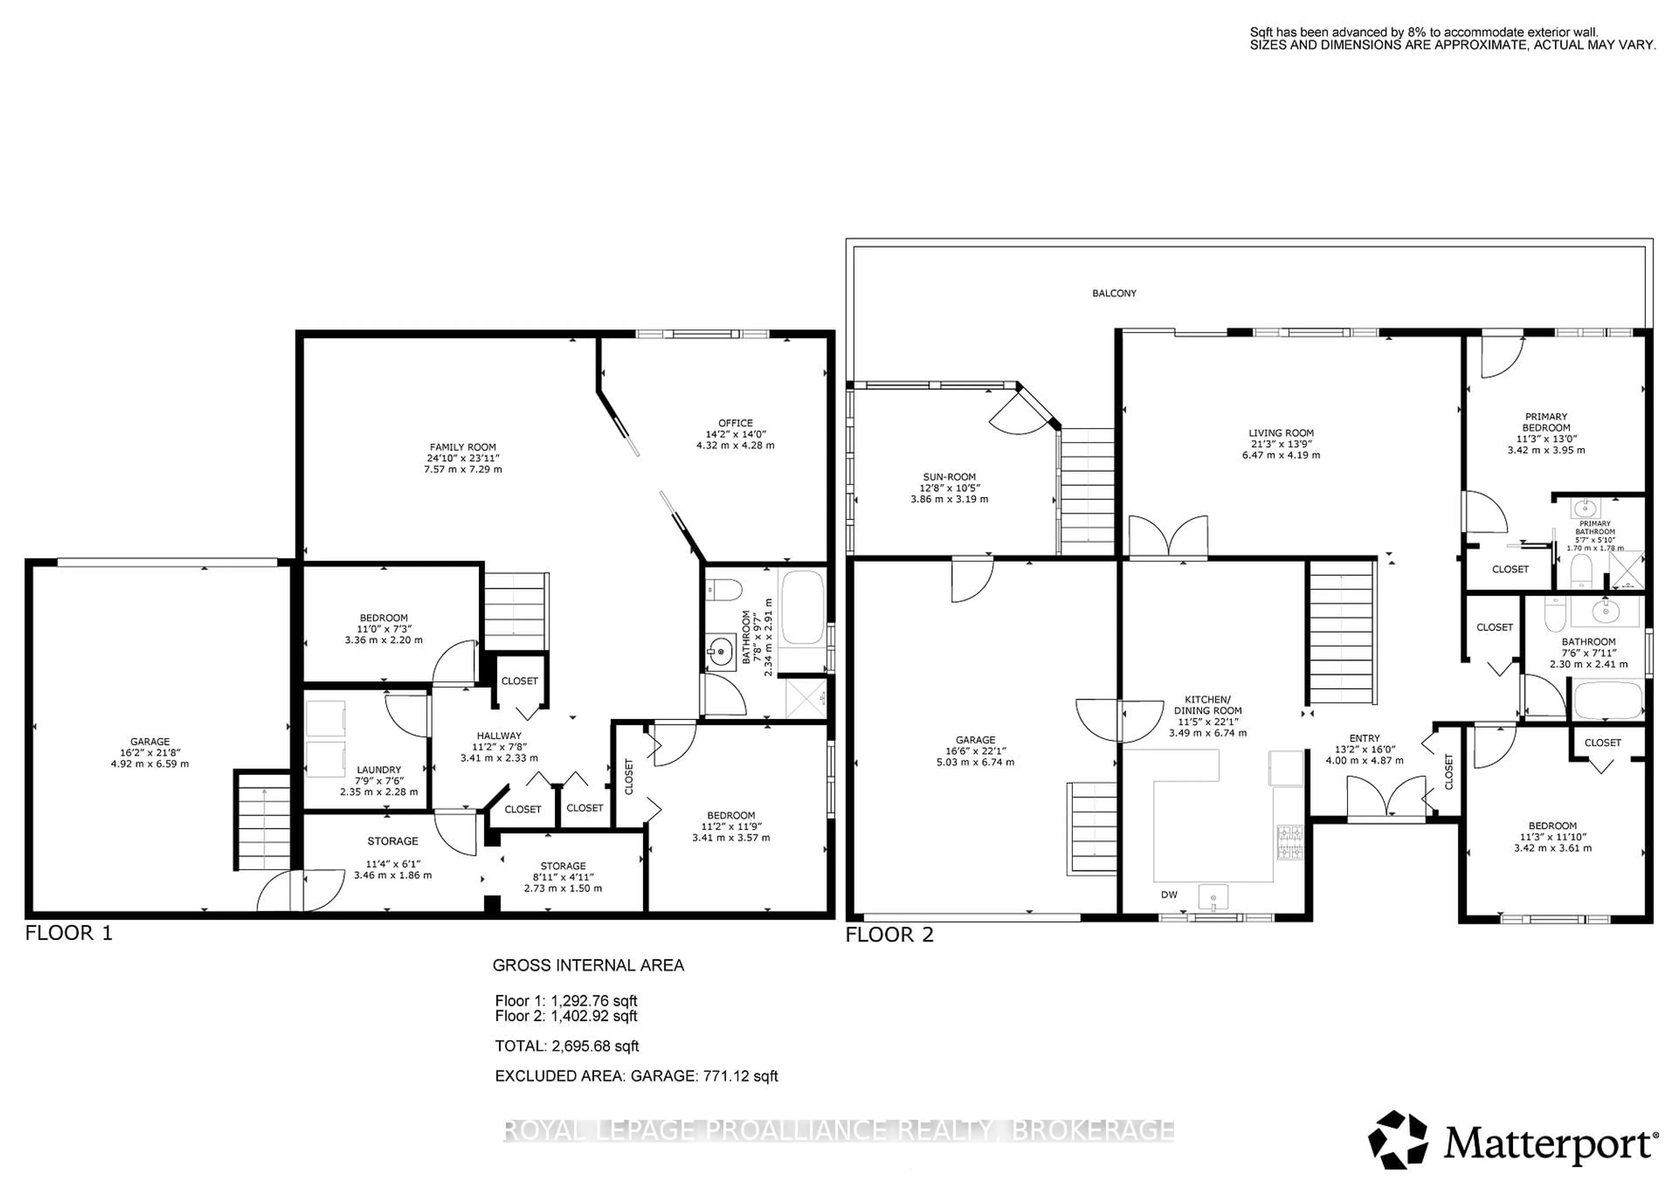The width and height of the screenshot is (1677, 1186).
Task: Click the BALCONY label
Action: click(1114, 293)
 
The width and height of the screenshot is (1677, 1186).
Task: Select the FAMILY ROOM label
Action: click(462, 448)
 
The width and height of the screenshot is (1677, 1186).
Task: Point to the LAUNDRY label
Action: click(378, 770)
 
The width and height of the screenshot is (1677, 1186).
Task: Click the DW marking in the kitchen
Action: click(1169, 895)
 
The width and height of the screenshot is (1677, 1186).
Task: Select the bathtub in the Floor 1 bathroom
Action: click(803, 607)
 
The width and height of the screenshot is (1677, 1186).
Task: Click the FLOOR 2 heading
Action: click(890, 935)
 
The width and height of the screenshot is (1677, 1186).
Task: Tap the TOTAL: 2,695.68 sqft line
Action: click(567, 1046)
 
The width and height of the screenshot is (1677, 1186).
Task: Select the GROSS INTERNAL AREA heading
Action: click(588, 965)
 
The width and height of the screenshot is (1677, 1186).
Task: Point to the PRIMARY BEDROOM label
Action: click(1546, 422)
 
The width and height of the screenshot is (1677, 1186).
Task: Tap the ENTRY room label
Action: click(1364, 738)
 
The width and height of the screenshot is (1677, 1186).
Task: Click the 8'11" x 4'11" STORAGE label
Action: click(562, 866)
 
